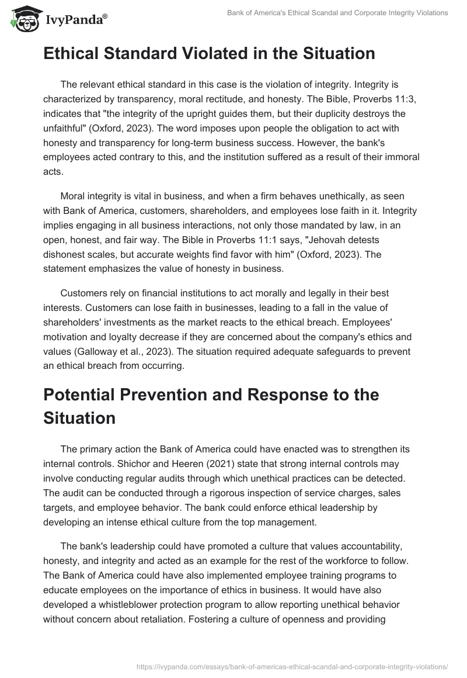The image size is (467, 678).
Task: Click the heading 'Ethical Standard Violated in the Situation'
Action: tap(208, 54)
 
